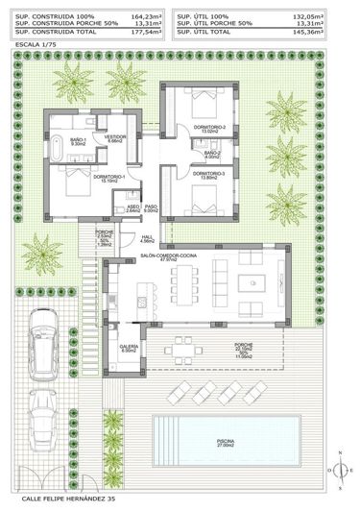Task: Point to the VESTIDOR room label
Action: click(x=116, y=137)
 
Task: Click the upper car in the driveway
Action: click(x=44, y=352)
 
